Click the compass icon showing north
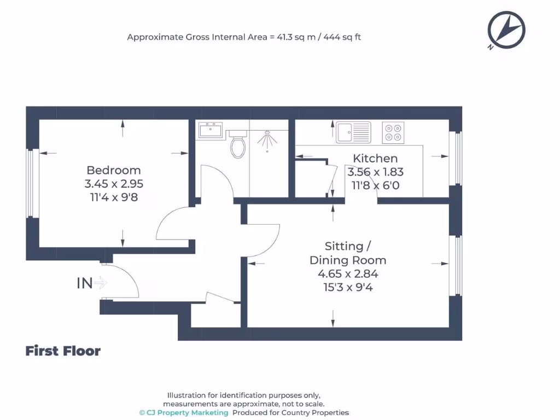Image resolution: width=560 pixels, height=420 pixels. click(x=506, y=30)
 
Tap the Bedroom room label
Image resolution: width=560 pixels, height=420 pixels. click(x=114, y=170)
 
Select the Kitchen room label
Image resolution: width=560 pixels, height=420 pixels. click(x=375, y=158)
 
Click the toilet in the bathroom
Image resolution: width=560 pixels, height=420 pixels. click(x=238, y=144)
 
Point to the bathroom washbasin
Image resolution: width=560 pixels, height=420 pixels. click(x=211, y=130)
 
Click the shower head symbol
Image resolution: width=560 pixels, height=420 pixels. click(x=267, y=140)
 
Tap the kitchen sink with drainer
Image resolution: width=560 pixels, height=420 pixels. click(x=353, y=132)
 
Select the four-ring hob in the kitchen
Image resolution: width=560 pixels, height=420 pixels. click(x=393, y=132)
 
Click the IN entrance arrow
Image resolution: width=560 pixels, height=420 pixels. click(x=101, y=283)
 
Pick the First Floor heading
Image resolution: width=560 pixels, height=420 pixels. click(x=63, y=351)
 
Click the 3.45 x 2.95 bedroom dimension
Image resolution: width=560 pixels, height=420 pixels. click(x=114, y=184)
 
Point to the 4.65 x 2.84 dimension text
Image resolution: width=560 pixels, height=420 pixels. click(x=348, y=274)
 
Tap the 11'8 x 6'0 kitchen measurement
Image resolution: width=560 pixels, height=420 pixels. click(x=375, y=185)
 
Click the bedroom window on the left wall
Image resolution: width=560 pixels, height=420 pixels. click(x=32, y=183)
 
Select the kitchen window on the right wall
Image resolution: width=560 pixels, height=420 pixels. click(x=456, y=158)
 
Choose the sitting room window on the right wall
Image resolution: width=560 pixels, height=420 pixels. click(x=456, y=265)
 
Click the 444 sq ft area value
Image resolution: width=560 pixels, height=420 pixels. click(x=342, y=37)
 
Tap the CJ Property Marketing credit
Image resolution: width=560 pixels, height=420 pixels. click(x=184, y=412)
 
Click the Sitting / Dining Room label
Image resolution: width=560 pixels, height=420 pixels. click(x=348, y=253)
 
